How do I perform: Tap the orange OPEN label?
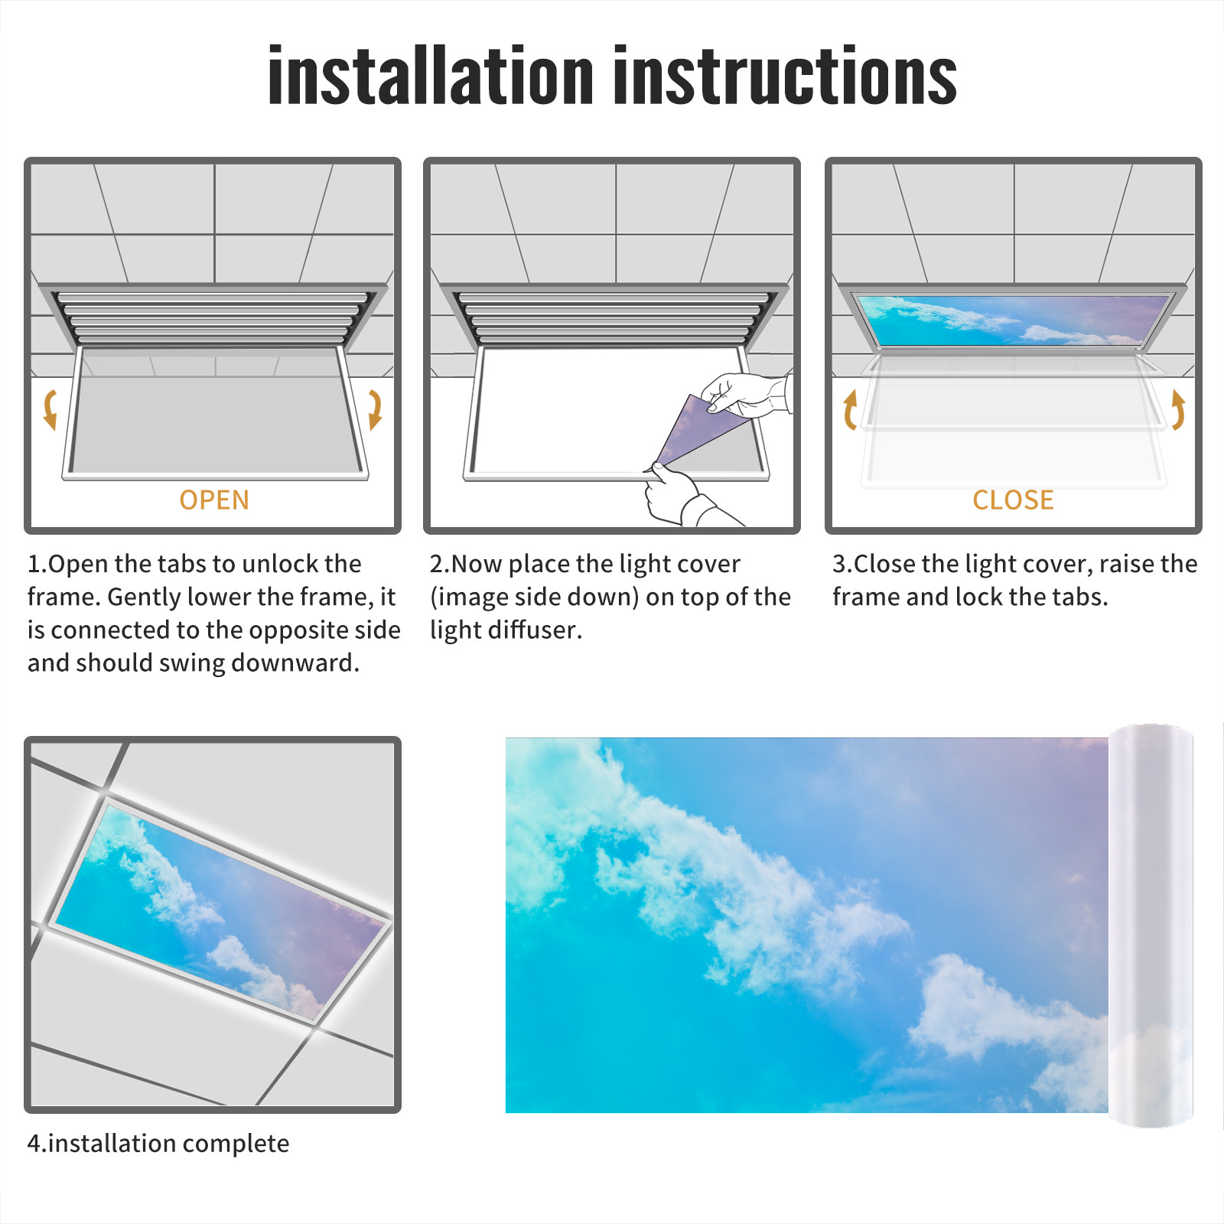(x=214, y=500)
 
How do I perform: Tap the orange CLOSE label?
(x=1013, y=500)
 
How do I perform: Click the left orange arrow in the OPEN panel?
(x=50, y=410)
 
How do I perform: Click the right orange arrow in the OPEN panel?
(x=375, y=410)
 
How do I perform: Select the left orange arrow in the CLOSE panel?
(x=850, y=410)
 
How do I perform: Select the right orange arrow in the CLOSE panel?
(x=1178, y=410)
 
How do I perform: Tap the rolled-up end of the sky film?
(x=1151, y=926)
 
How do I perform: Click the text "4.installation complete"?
(x=158, y=1144)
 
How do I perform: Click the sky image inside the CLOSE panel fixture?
(x=1014, y=320)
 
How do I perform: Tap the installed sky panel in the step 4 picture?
(x=220, y=910)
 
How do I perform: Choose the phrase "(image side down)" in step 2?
(x=535, y=597)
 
